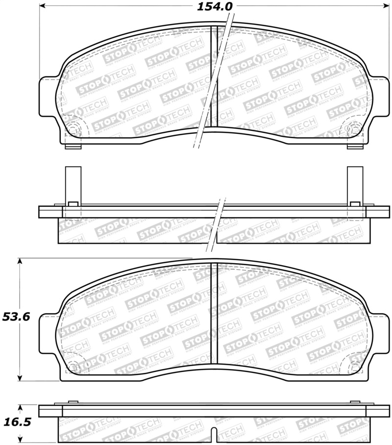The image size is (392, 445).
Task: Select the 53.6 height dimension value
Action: click(16, 317)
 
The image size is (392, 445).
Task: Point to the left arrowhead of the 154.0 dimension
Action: click(43, 6)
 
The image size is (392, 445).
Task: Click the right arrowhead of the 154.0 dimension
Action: click(386, 6)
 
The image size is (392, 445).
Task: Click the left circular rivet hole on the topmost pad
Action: click(73, 129)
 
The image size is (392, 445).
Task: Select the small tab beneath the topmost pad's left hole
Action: click(73, 147)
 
